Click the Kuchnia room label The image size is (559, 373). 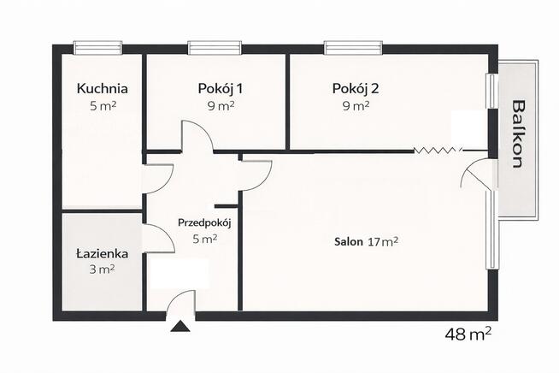102,88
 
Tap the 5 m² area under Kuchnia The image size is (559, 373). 102,107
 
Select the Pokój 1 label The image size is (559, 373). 220,88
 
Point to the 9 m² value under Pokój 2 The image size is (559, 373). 355,107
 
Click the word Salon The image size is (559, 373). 348,242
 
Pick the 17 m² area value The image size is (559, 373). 384,242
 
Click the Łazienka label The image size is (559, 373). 101,253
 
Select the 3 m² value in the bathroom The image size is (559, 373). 101,269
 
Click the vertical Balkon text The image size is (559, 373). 518,134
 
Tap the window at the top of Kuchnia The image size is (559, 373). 97,48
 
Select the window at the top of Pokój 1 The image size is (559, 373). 215,48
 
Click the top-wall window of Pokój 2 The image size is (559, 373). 352,48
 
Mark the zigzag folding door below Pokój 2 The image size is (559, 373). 437,151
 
